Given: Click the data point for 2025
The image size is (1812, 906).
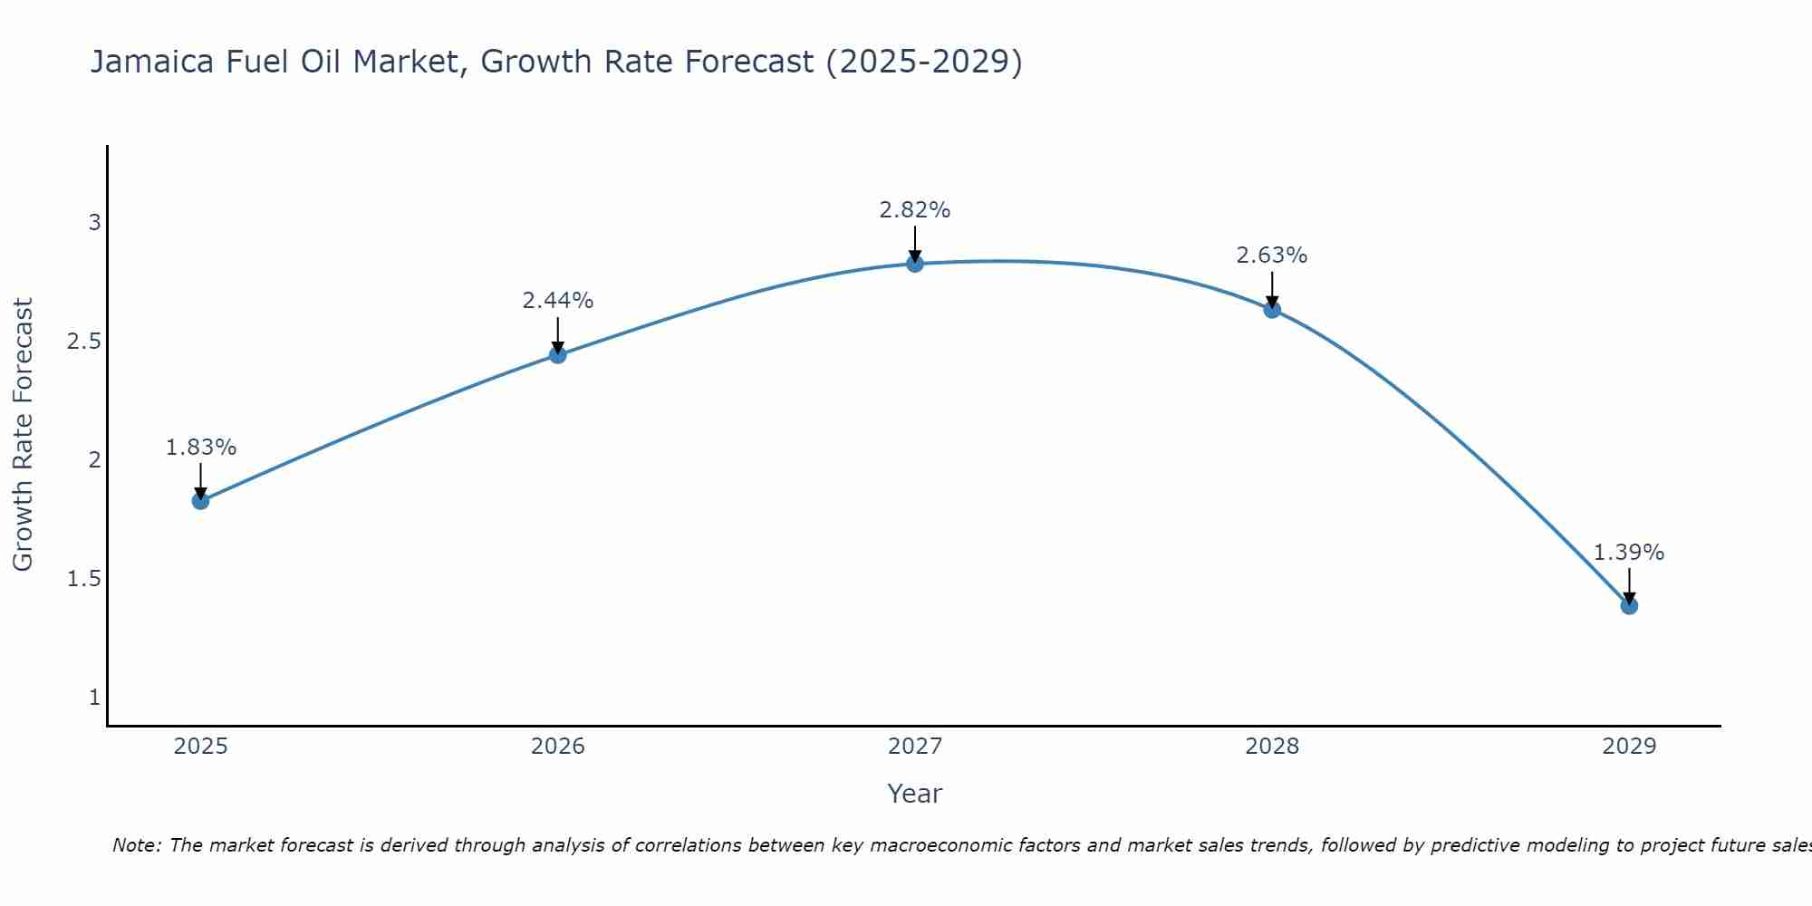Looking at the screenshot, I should (200, 501).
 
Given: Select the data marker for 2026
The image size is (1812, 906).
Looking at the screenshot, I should (558, 355).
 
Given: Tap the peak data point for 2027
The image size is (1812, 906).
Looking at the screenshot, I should (915, 264).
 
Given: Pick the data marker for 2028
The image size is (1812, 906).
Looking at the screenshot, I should (1272, 310).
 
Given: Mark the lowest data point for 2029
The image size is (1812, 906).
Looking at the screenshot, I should (1629, 605).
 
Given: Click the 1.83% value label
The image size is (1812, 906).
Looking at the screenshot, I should (200, 448).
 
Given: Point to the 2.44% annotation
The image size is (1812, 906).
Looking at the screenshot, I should (558, 301).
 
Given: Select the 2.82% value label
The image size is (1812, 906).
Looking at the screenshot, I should (915, 210).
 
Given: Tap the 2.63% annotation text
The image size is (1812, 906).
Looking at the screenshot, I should (1272, 255).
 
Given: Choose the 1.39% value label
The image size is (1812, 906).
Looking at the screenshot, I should (1629, 553).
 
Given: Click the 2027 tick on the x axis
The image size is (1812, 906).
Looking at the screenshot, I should (915, 747).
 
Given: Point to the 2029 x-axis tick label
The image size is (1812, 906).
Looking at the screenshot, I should (1629, 747).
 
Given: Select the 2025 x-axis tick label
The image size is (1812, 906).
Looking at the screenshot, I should (200, 747).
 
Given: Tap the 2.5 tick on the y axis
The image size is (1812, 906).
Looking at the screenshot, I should (83, 342).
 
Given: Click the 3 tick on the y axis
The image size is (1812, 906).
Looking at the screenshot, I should (94, 223).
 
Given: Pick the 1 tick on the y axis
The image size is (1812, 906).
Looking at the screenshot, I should (94, 698).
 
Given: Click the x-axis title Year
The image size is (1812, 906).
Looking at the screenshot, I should (915, 794).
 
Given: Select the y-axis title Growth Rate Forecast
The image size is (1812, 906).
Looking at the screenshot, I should (23, 435).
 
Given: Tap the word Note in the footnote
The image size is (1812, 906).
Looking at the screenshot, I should (136, 845).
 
